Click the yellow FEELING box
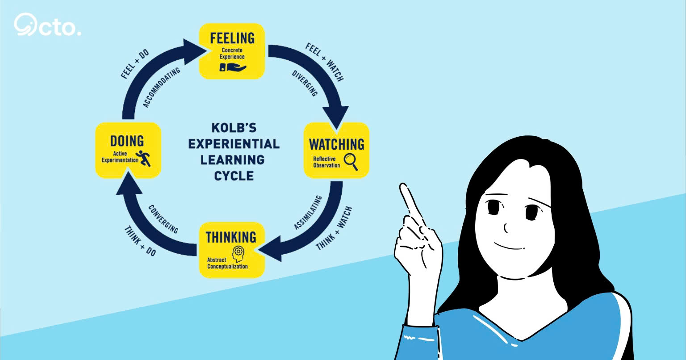click(232, 51)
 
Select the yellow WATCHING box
click(336, 151)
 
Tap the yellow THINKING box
click(231, 250)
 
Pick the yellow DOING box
click(128, 150)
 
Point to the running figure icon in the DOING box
click(144, 158)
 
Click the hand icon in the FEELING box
click(232, 67)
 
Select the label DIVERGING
click(305, 83)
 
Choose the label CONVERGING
click(163, 219)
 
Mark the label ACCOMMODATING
click(162, 88)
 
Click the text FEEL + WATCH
click(324, 62)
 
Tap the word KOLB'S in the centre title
click(234, 128)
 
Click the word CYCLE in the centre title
click(234, 176)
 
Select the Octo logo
click(47, 25)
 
